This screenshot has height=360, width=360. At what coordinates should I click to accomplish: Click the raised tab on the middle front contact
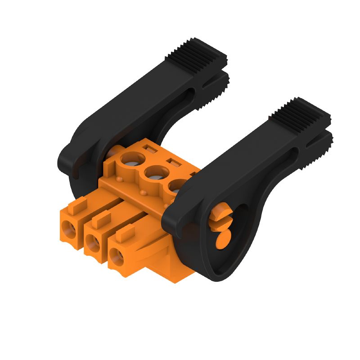[x=102, y=219]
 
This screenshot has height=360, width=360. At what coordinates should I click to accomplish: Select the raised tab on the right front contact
[x=126, y=233]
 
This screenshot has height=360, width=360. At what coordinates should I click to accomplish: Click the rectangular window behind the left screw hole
[x=148, y=147]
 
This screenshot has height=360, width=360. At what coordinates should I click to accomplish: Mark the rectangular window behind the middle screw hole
[x=173, y=161]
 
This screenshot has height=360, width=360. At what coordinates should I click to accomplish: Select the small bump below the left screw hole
[x=121, y=179]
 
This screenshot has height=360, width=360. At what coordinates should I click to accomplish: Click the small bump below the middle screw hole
[x=144, y=193]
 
